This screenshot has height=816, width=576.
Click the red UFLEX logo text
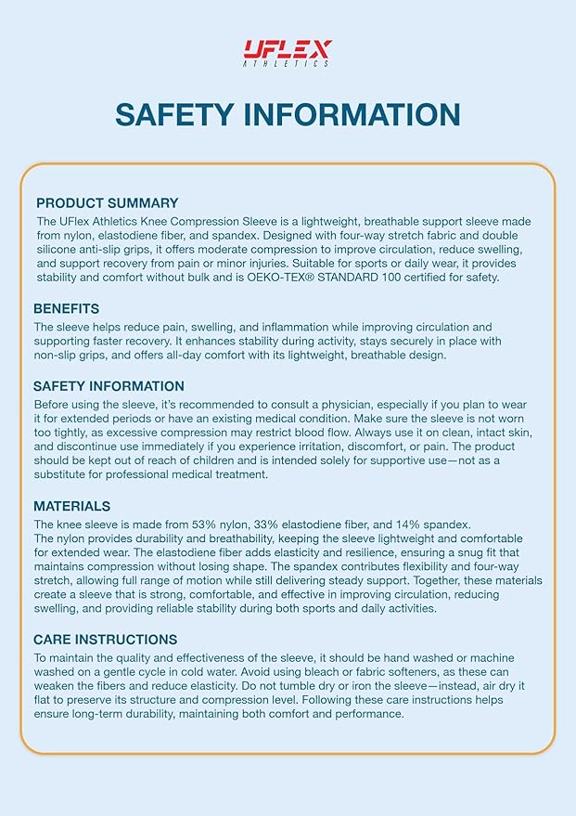pos(287,48)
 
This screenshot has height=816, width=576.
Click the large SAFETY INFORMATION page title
pos(288,114)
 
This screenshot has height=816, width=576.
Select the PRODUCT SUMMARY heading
pos(107,202)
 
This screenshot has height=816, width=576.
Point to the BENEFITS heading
pos(66,308)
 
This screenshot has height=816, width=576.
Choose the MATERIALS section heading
pos(71,506)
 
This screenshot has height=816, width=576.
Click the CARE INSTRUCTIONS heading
pos(105,640)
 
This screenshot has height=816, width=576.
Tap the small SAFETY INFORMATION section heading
pos(109,386)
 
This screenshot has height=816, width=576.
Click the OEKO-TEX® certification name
pos(301,278)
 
